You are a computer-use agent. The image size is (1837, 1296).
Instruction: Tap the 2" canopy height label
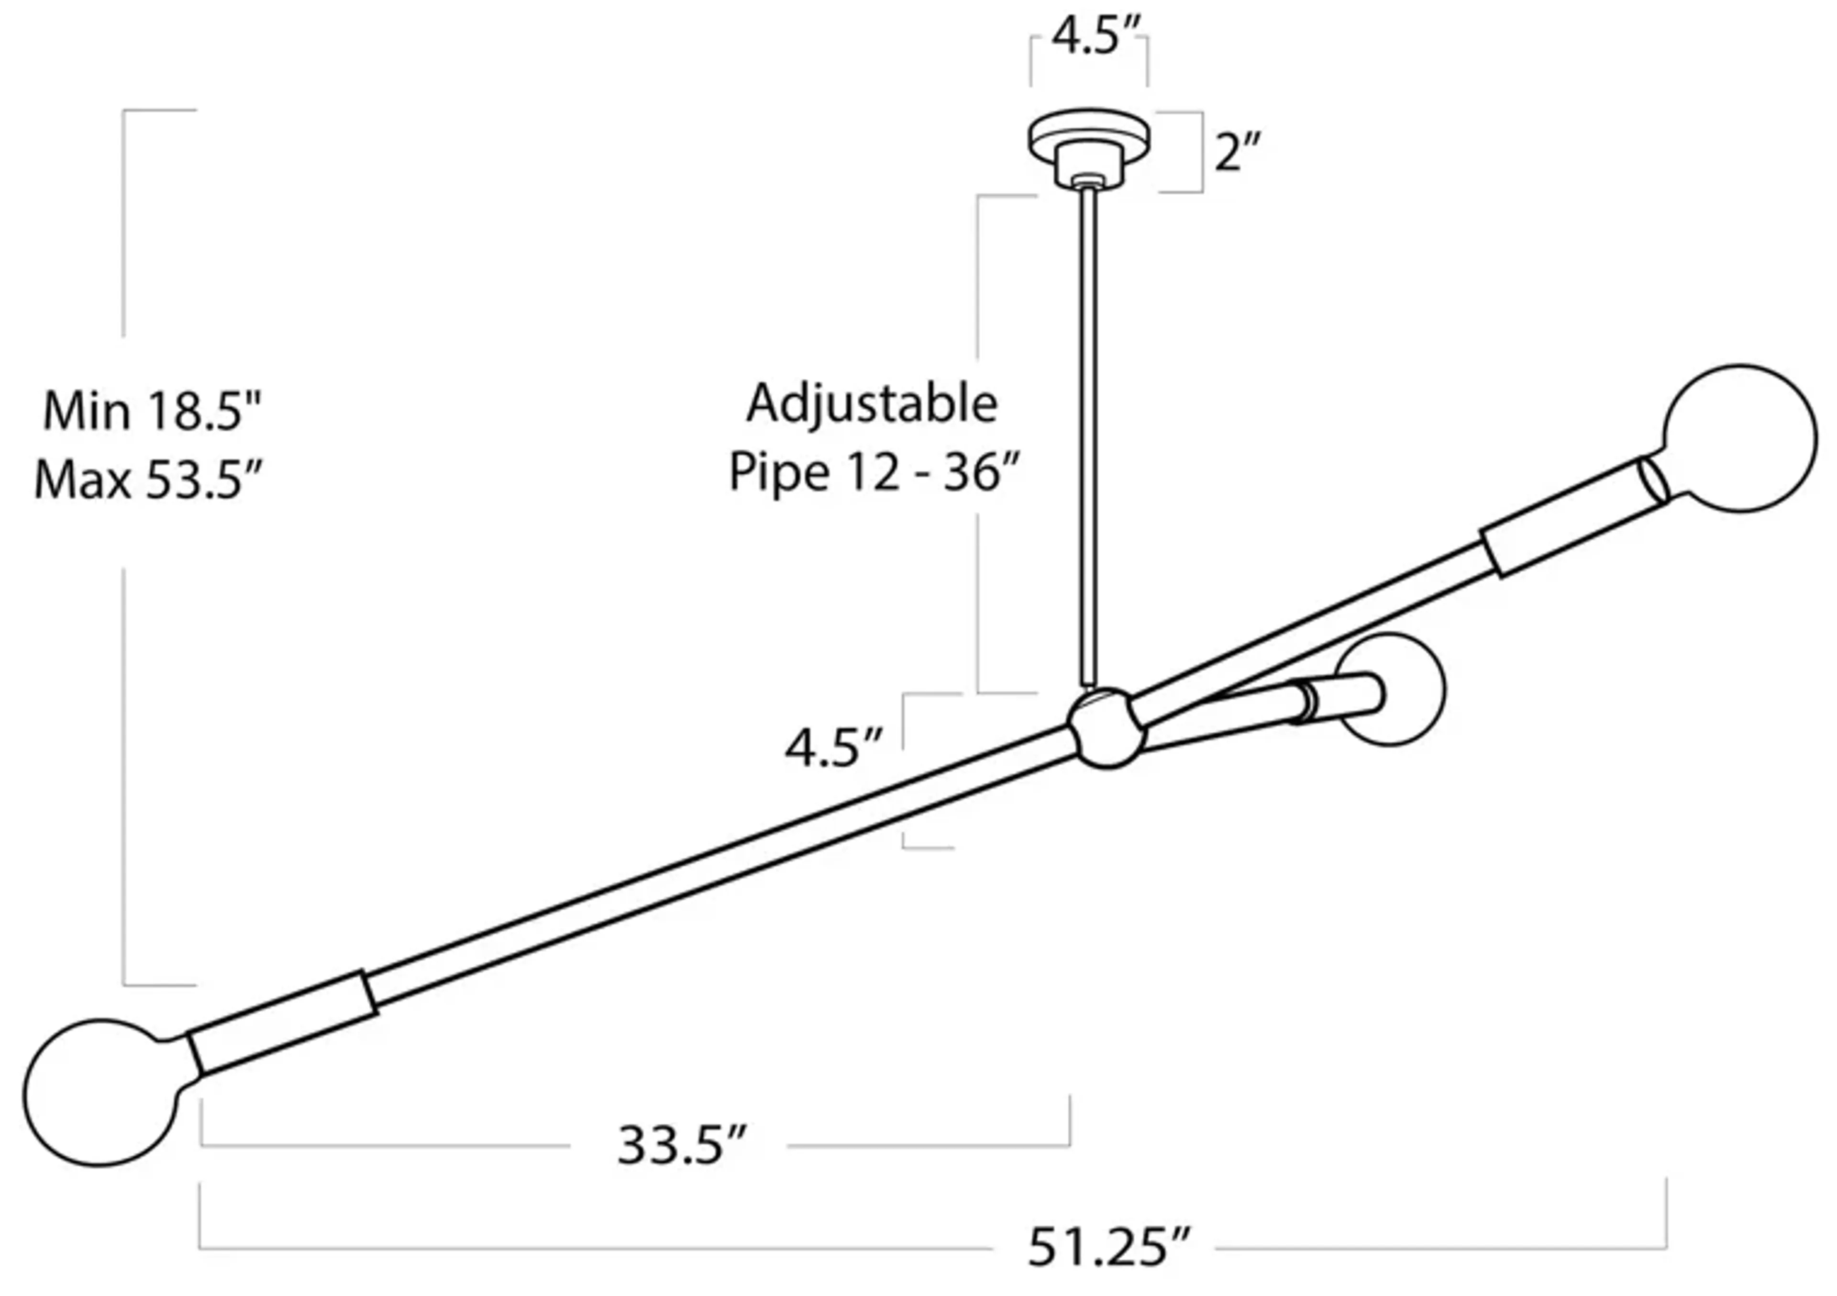(1237, 152)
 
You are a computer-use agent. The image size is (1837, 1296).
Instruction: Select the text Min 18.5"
(152, 412)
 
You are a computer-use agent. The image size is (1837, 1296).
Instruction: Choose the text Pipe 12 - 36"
(874, 472)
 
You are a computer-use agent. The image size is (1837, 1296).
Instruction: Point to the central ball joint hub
(1107, 727)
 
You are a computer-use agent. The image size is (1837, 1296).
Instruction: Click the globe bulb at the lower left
(100, 1092)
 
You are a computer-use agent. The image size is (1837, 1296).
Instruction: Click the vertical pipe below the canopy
(1089, 432)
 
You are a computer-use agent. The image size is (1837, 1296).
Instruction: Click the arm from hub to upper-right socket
(1312, 625)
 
